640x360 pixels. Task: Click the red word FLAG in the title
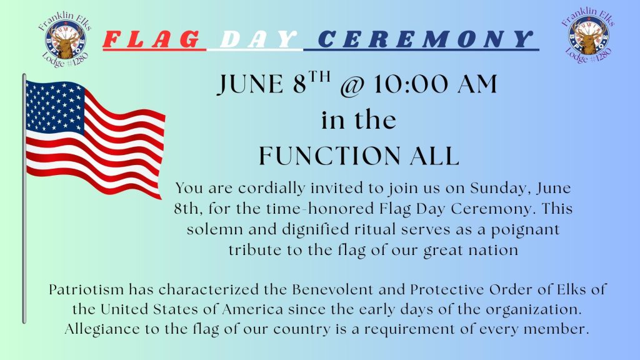tap(152, 39)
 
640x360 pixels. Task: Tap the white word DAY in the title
tap(258, 39)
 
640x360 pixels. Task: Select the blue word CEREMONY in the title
tap(424, 39)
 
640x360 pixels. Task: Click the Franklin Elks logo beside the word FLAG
tap(65, 39)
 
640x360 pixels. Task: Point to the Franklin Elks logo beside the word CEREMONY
tap(588, 35)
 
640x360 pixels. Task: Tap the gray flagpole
tap(24, 198)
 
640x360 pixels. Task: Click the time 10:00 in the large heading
tap(411, 84)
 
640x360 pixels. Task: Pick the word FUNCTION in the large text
tap(330, 156)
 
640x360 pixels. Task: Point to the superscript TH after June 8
tap(319, 77)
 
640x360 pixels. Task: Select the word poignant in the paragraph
tap(524, 230)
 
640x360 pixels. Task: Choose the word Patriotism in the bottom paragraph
tap(86, 289)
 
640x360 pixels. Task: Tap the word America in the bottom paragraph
tap(252, 309)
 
